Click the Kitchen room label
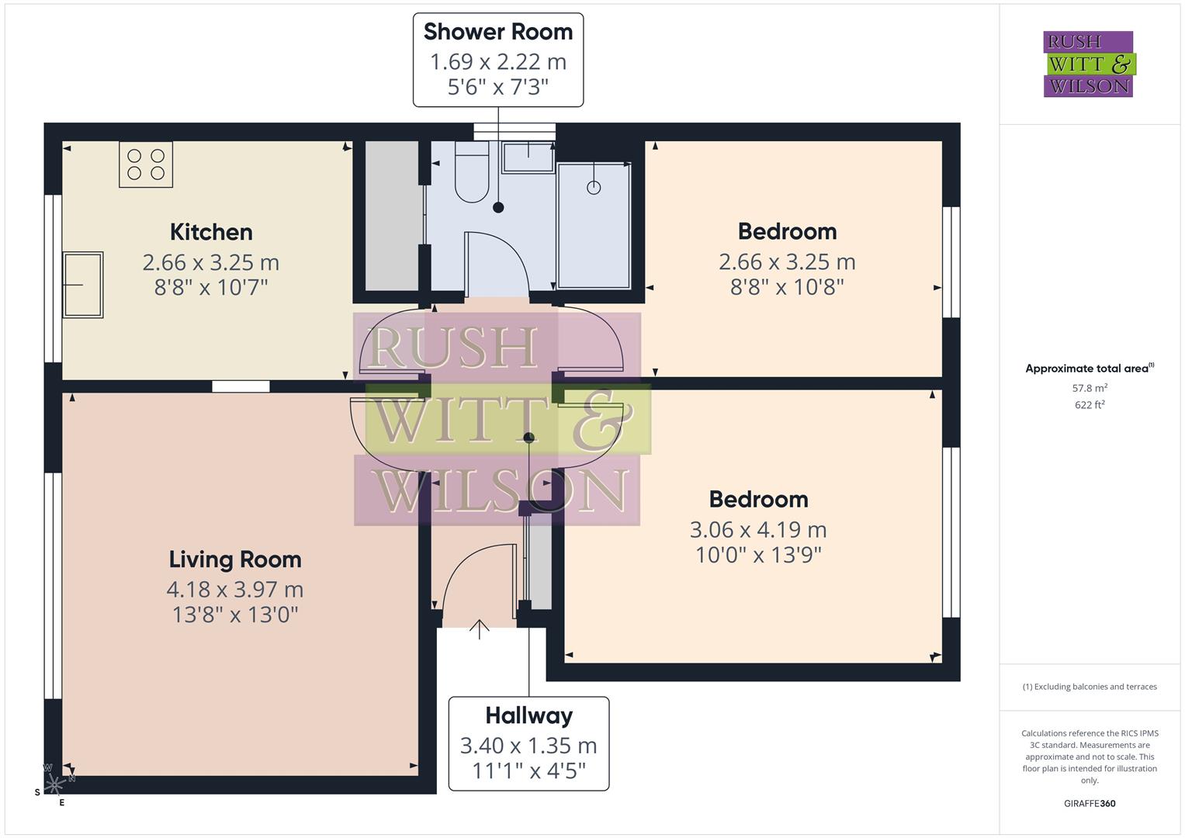[x=211, y=232]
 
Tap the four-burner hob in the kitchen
[x=146, y=164]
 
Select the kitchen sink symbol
[x=83, y=285]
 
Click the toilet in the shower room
[x=471, y=178]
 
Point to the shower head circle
[x=594, y=187]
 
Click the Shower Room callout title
[x=498, y=32]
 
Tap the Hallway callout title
[x=528, y=715]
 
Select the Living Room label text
[x=235, y=559]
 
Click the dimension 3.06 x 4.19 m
[x=758, y=530]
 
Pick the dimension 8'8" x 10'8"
[x=787, y=287]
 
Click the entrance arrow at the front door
[x=480, y=628]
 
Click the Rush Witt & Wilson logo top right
[x=1088, y=64]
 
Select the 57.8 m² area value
[x=1089, y=387]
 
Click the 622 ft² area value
[x=1089, y=404]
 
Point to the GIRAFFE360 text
[x=1089, y=803]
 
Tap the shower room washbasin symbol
[x=528, y=158]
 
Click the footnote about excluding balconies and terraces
[x=1089, y=687]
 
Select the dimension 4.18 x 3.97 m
[x=235, y=590]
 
